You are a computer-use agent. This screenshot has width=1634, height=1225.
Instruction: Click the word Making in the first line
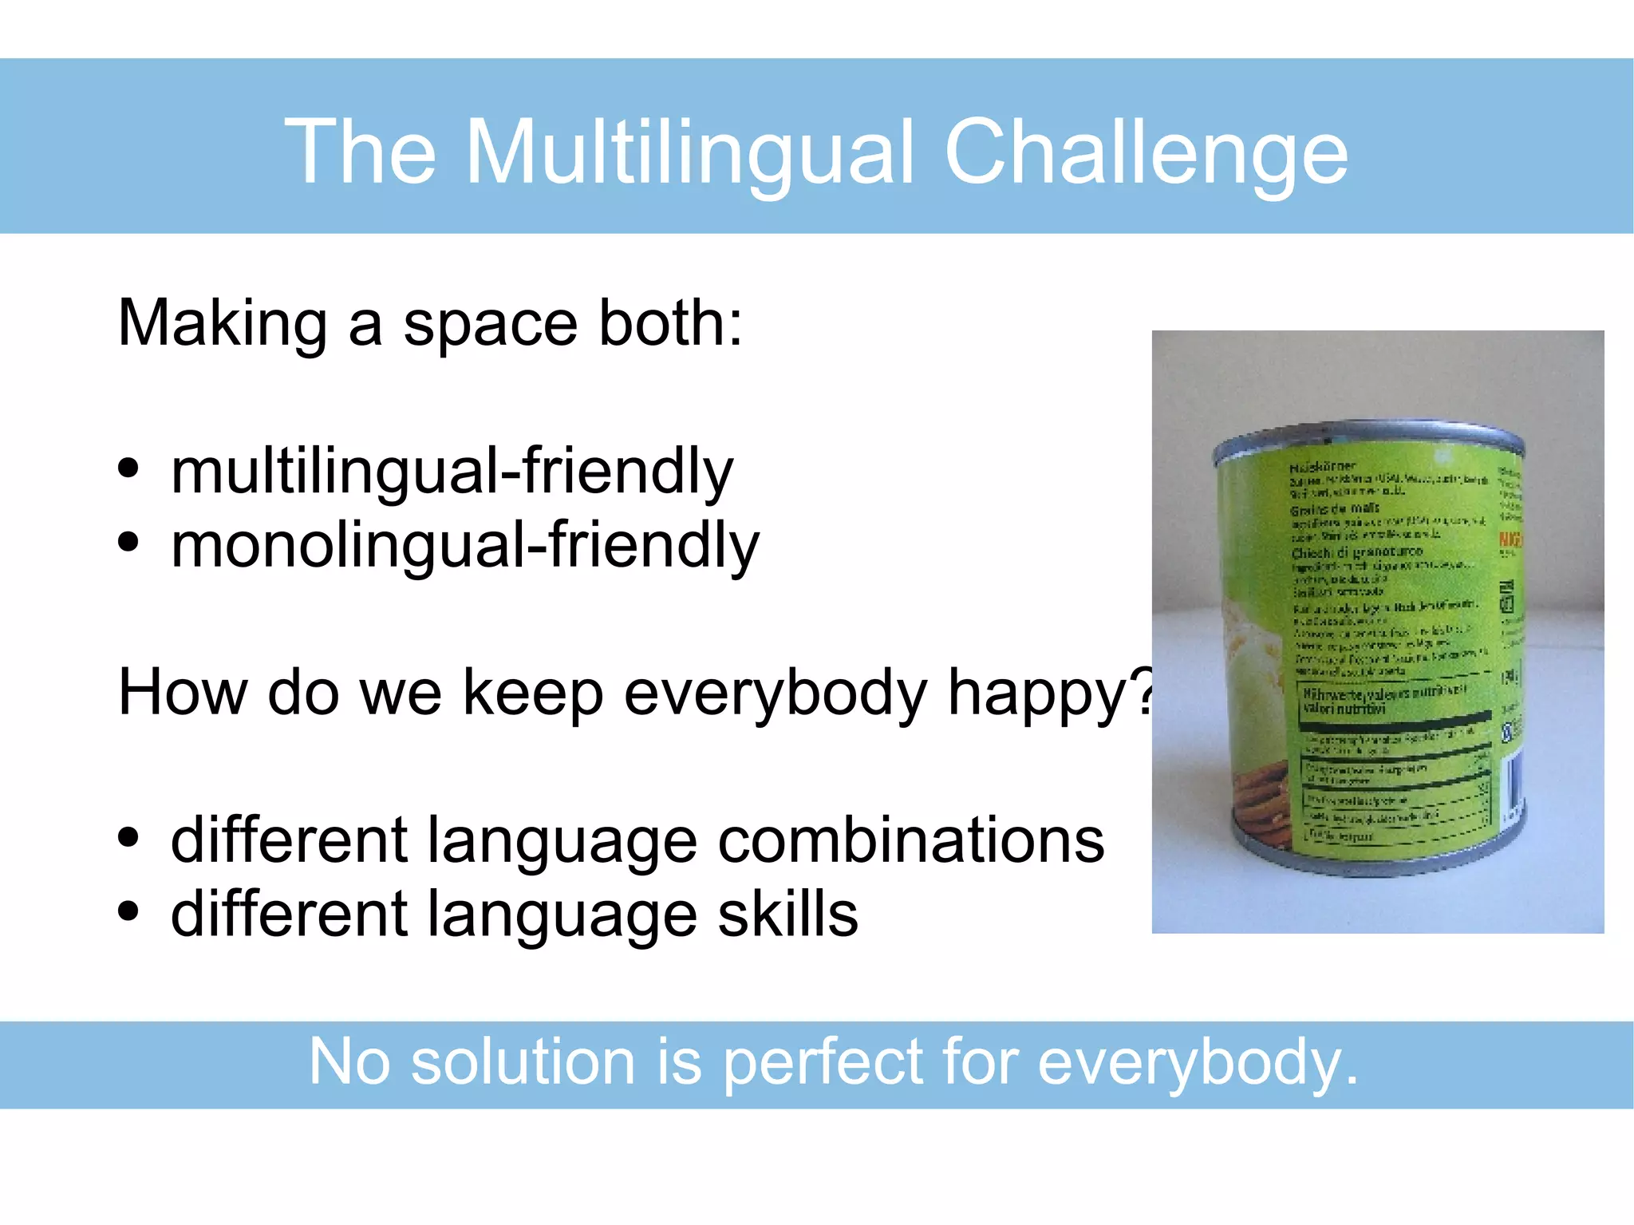pyautogui.click(x=222, y=323)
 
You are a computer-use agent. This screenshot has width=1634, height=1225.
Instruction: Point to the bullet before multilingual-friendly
pyautogui.click(x=128, y=468)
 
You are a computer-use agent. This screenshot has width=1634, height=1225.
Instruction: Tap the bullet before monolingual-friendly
pyautogui.click(x=128, y=543)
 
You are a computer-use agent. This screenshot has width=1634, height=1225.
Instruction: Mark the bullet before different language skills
pyautogui.click(x=128, y=911)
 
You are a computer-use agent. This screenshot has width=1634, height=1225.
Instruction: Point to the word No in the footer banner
pyautogui.click(x=349, y=1062)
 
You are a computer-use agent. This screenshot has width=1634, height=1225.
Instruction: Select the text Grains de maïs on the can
pyautogui.click(x=1335, y=508)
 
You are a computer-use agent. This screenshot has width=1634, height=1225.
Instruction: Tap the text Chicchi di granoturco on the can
pyautogui.click(x=1356, y=552)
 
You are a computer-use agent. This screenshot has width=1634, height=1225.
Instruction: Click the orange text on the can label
pyautogui.click(x=1510, y=540)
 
